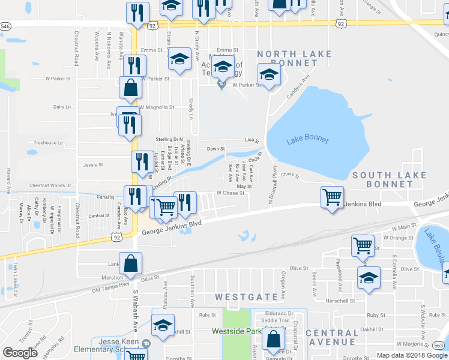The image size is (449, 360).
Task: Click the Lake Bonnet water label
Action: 307,140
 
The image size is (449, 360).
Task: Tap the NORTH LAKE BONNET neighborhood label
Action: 294,58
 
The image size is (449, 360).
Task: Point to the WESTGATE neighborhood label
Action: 239,296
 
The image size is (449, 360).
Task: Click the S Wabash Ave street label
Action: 136,302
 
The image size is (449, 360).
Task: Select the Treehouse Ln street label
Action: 48,143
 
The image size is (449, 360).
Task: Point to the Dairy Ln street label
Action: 62,106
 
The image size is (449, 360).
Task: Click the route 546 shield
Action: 5,26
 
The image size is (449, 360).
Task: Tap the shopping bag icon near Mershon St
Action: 130,262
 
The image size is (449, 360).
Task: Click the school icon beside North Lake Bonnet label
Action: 269,75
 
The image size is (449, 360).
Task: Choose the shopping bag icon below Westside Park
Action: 274,340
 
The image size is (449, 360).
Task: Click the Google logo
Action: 20,352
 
